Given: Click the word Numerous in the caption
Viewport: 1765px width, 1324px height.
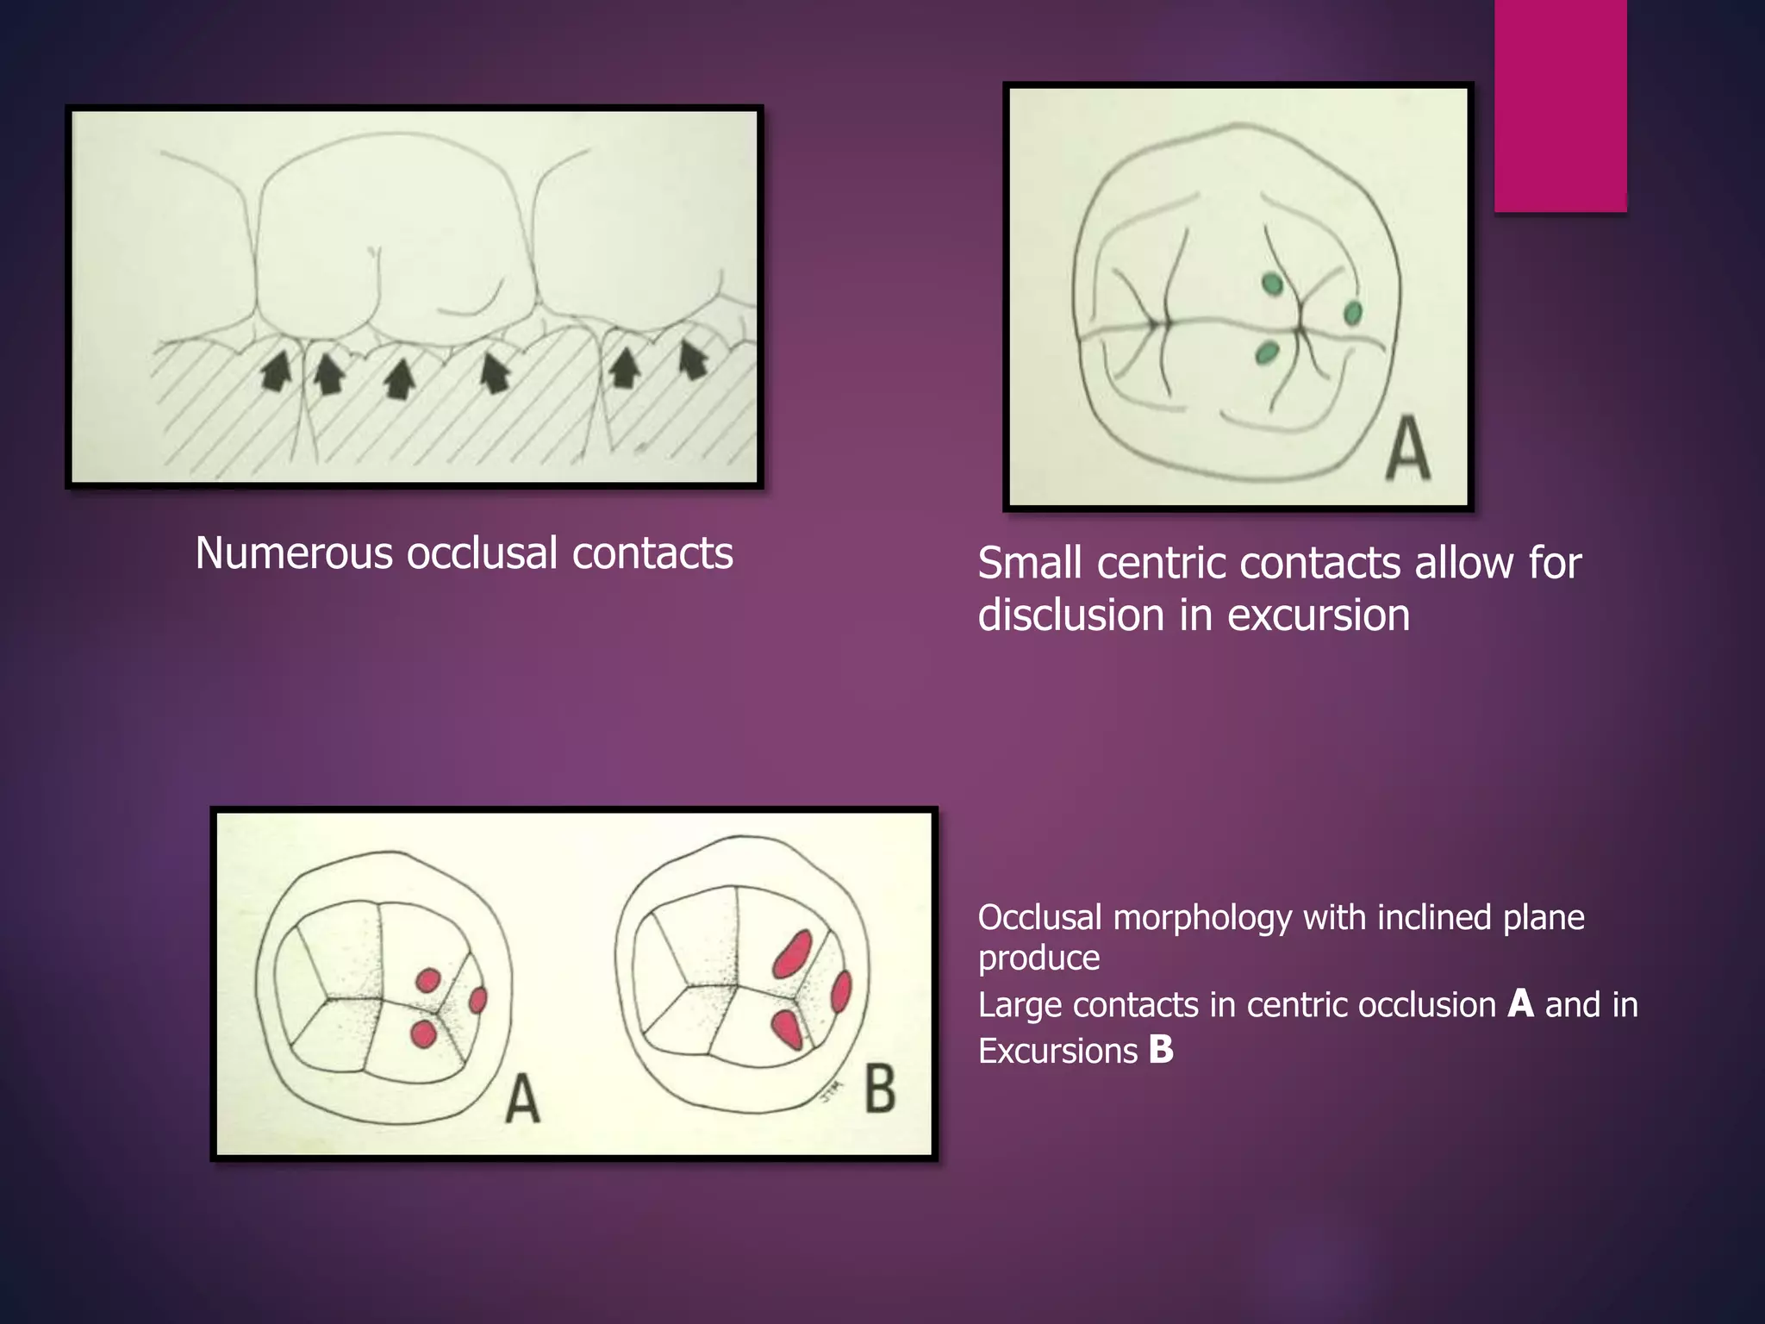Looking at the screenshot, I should tap(294, 553).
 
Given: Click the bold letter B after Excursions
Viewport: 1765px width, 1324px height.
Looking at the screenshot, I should tap(1161, 1050).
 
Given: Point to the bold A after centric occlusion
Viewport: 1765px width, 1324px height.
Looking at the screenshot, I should tap(1520, 1004).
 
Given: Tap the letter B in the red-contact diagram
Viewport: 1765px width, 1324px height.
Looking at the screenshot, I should tap(879, 1088).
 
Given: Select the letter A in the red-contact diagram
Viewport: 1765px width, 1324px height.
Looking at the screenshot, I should tap(522, 1100).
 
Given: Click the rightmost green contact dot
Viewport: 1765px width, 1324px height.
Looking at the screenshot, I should tap(1352, 312).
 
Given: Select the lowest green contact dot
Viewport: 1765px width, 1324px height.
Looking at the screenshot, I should tap(1266, 352).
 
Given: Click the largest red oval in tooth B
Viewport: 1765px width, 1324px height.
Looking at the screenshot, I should tap(792, 953).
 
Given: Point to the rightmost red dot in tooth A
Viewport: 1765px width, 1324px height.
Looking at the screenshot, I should tap(477, 1000).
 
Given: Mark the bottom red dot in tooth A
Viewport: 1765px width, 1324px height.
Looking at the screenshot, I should tap(423, 1034).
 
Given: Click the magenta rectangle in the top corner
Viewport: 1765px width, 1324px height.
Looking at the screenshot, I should tap(1560, 105).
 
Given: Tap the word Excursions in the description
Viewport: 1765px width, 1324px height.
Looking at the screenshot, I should tap(1057, 1051).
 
